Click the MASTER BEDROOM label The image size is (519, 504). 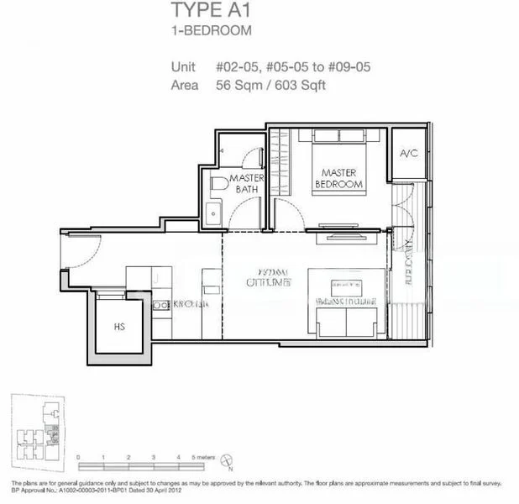pyautogui.click(x=339, y=177)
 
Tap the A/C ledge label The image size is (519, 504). pyautogui.click(x=408, y=154)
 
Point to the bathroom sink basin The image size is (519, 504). pyautogui.click(x=215, y=212)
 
